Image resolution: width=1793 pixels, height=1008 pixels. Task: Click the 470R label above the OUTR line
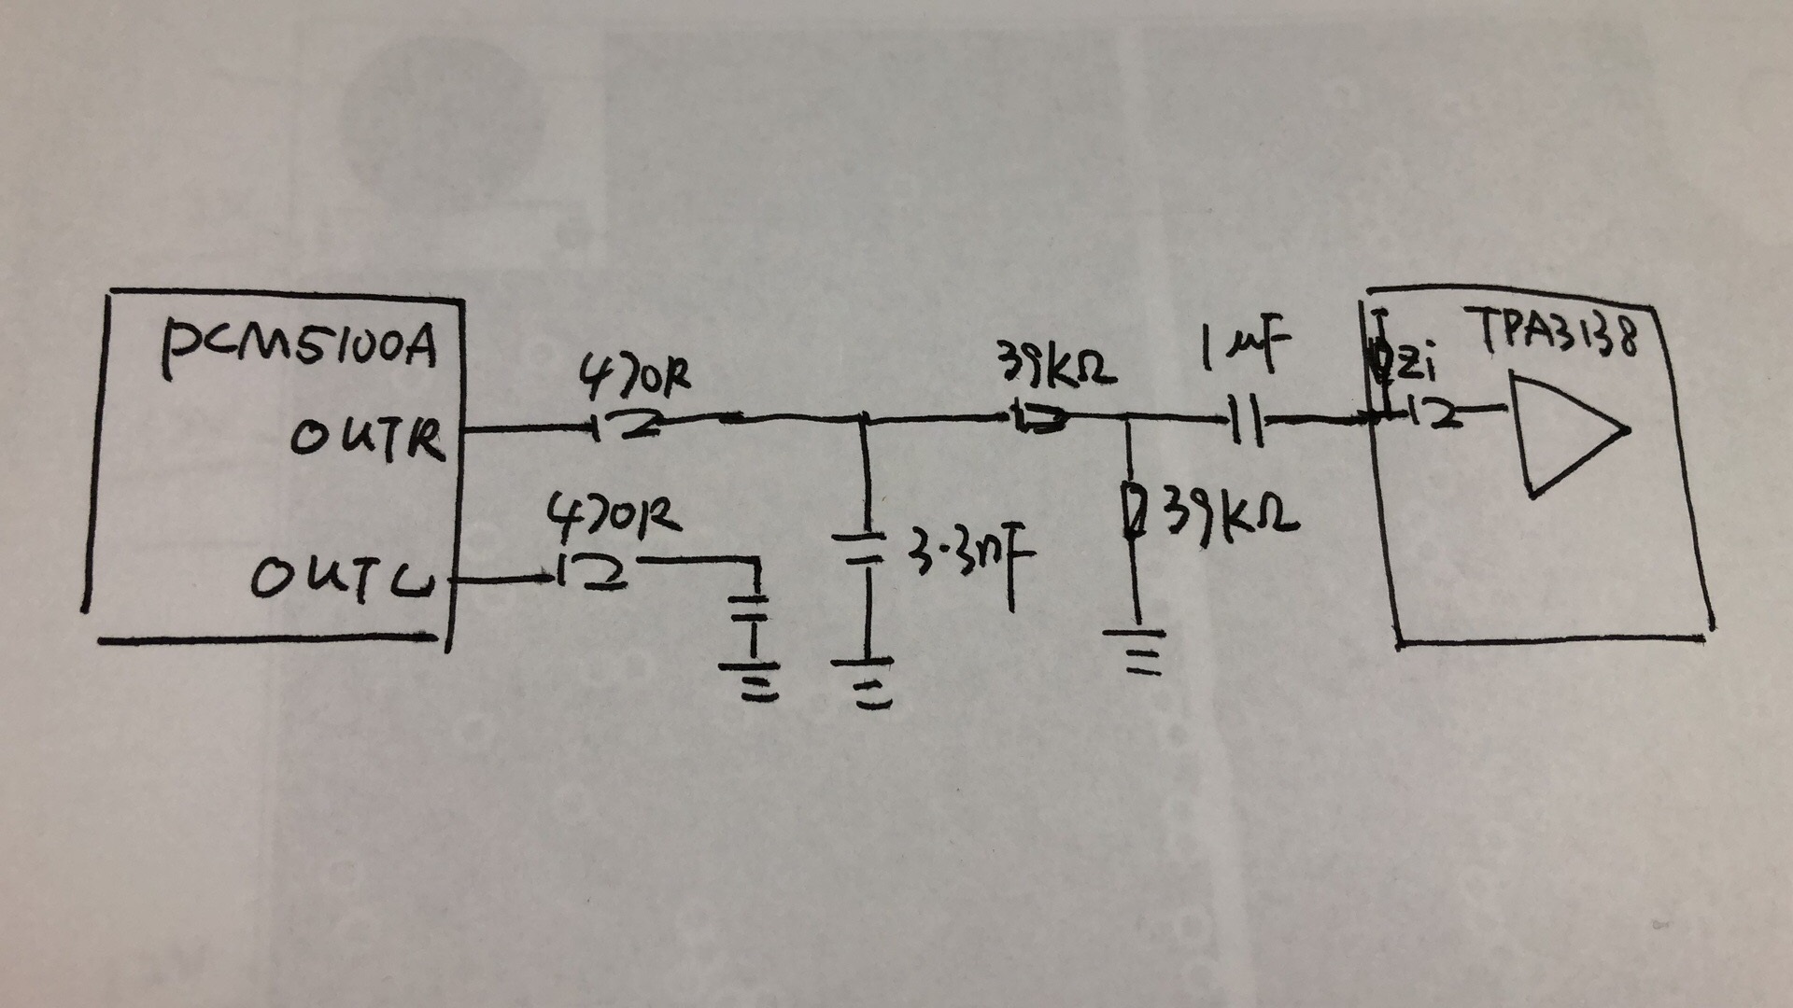(635, 379)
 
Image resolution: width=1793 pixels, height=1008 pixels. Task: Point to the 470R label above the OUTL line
(612, 518)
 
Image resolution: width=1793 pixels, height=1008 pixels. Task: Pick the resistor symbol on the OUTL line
(592, 573)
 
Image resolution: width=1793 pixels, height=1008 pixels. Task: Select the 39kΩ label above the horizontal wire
(1056, 367)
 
